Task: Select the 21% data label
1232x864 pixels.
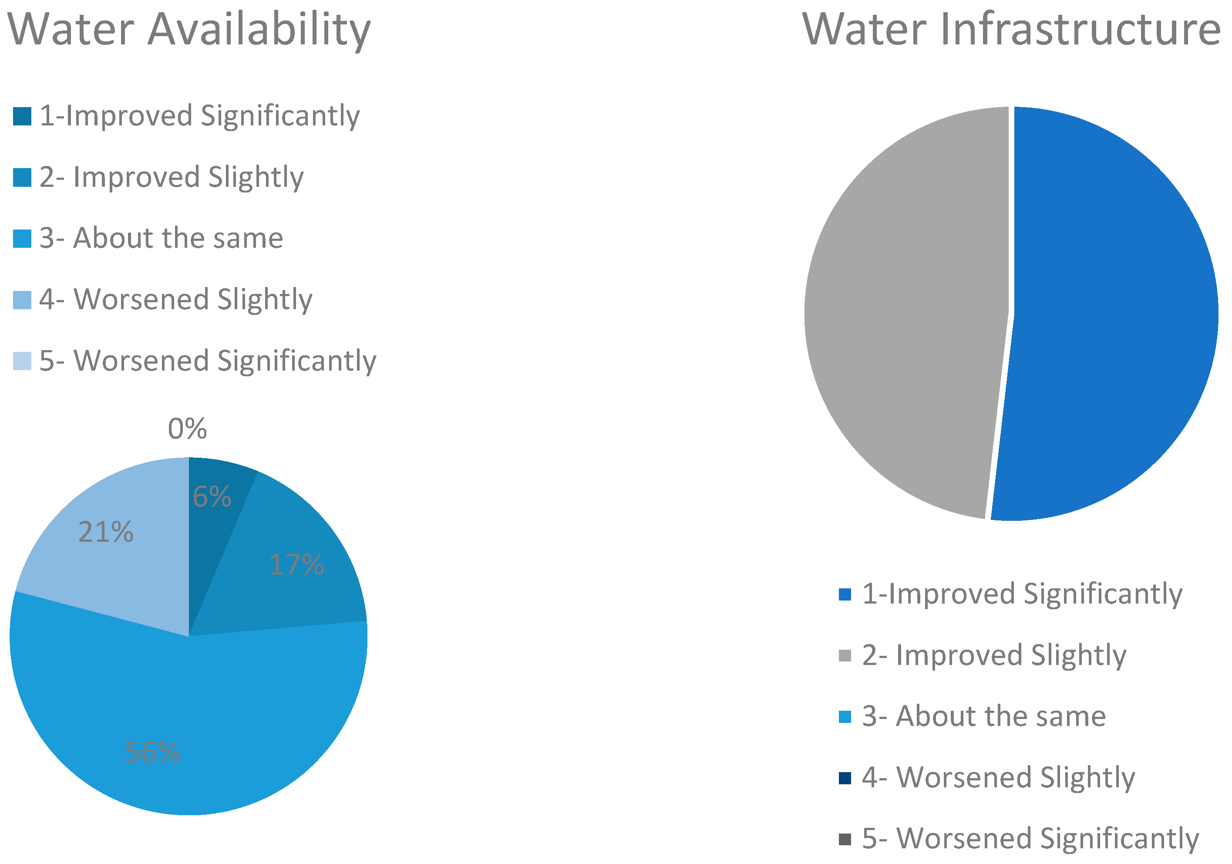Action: point(106,532)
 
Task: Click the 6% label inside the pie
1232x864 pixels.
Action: point(212,496)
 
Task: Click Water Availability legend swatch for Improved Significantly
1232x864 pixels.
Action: point(22,116)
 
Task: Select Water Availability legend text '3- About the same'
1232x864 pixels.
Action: point(161,238)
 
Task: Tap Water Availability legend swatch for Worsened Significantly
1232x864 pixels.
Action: point(22,361)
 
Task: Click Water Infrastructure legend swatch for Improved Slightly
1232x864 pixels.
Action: point(845,656)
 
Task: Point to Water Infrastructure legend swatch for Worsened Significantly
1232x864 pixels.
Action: point(845,839)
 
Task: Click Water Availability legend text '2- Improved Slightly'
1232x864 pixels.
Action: point(171,177)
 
